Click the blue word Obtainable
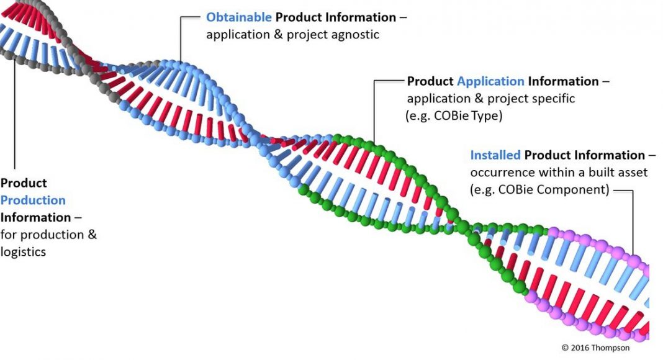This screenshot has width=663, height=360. pyautogui.click(x=239, y=17)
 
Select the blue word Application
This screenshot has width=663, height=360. pyautogui.click(x=490, y=81)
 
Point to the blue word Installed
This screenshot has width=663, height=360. pyautogui.click(x=495, y=155)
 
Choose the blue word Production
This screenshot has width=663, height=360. pyautogui.click(x=33, y=200)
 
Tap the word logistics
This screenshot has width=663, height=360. pyautogui.click(x=23, y=252)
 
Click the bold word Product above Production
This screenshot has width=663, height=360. pyautogui.click(x=24, y=183)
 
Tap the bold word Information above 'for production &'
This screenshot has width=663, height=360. pyautogui.click(x=35, y=217)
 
